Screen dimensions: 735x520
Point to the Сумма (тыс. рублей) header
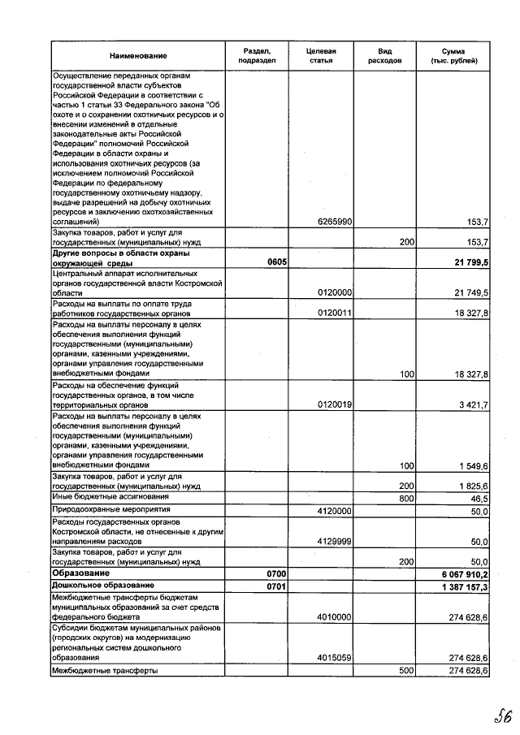point(453,55)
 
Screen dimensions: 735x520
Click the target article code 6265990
point(334,222)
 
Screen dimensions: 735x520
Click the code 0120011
point(334,313)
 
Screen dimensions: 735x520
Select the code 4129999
point(334,541)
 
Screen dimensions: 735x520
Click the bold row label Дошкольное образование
point(103,585)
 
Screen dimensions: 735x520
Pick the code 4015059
point(334,658)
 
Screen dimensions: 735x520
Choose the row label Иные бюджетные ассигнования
point(110,496)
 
